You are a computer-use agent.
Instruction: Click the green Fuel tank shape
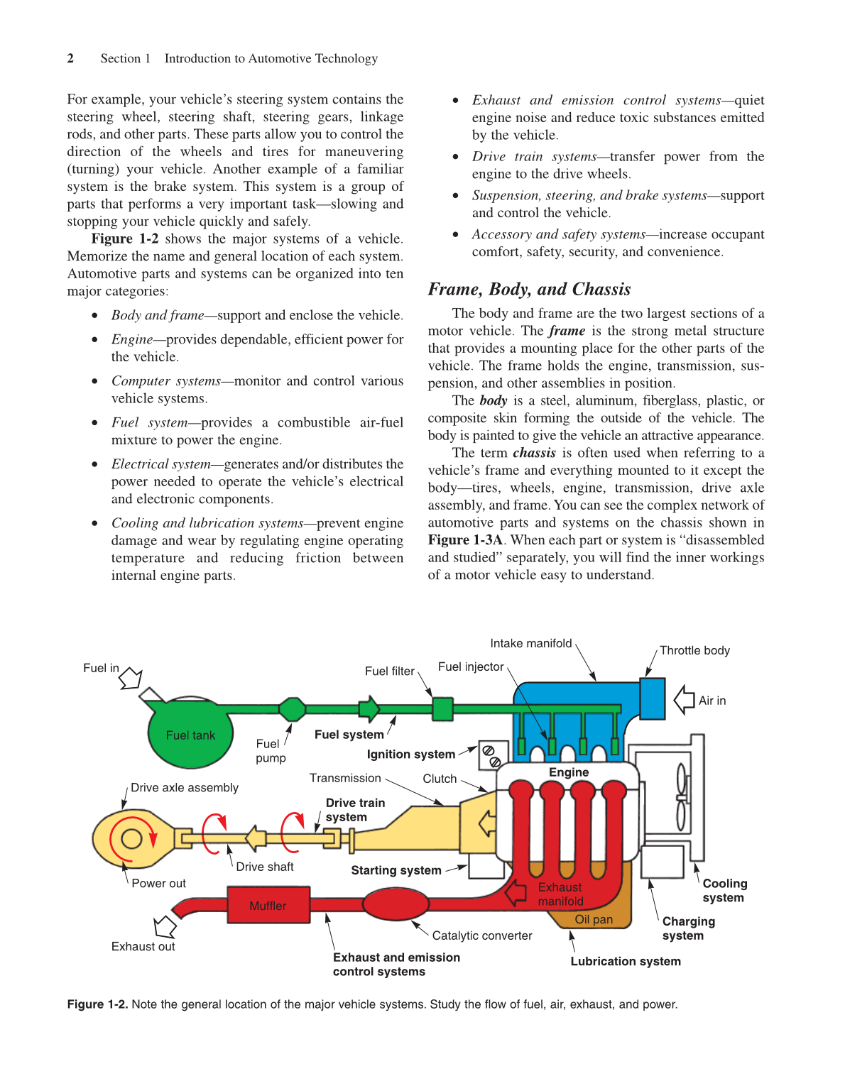pyautogui.click(x=190, y=733)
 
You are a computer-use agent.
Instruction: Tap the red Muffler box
pyautogui.click(x=268, y=905)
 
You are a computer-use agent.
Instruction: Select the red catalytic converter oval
pyautogui.click(x=396, y=904)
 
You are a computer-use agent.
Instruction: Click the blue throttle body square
pyautogui.click(x=652, y=698)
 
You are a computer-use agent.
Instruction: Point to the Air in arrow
pyautogui.click(x=685, y=700)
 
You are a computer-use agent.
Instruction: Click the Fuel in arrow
pyautogui.click(x=131, y=679)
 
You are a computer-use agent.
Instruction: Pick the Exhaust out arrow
pyautogui.click(x=165, y=926)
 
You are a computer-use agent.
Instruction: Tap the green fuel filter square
pyautogui.click(x=442, y=708)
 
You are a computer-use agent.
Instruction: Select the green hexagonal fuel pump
pyautogui.click(x=292, y=708)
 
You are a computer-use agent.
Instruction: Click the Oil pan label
pyautogui.click(x=594, y=919)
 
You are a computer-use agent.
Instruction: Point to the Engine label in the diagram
pyautogui.click(x=569, y=772)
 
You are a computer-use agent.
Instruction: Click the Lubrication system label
pyautogui.click(x=626, y=961)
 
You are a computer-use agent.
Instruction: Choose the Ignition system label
pyautogui.click(x=410, y=755)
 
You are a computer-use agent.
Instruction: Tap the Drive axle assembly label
pyautogui.click(x=185, y=787)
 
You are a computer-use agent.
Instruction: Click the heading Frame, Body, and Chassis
pyautogui.click(x=529, y=289)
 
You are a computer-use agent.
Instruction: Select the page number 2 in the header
pyautogui.click(x=70, y=58)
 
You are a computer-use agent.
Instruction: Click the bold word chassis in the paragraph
pyautogui.click(x=534, y=453)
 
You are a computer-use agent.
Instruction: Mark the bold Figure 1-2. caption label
pyautogui.click(x=97, y=1004)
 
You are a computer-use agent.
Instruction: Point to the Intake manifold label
pyautogui.click(x=530, y=643)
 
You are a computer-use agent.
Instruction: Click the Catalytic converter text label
pyautogui.click(x=482, y=936)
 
